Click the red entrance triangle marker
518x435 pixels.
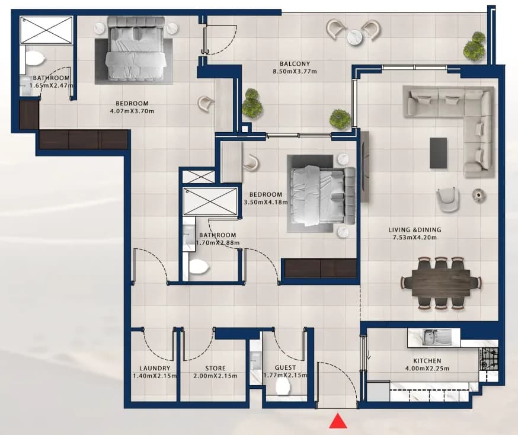[338, 421]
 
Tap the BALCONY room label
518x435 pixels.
[295, 64]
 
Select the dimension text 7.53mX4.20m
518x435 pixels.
[415, 238]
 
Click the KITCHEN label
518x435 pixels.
[427, 361]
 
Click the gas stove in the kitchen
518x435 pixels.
[490, 359]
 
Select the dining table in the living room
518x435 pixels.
[441, 283]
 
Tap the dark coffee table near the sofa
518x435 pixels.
[439, 153]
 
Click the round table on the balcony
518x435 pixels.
[355, 36]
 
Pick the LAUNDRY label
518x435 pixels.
[155, 368]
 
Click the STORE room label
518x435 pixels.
[215, 368]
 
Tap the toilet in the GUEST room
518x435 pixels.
[283, 386]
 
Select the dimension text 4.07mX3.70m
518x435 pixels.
[132, 111]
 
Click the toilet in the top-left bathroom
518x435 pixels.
[35, 59]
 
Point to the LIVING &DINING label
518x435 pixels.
[415, 230]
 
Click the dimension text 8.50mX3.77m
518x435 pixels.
[295, 71]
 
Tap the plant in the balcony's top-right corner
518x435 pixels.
[475, 46]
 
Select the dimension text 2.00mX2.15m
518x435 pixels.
[215, 376]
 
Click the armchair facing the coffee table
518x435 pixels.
[447, 199]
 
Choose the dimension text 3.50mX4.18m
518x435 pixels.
[266, 202]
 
